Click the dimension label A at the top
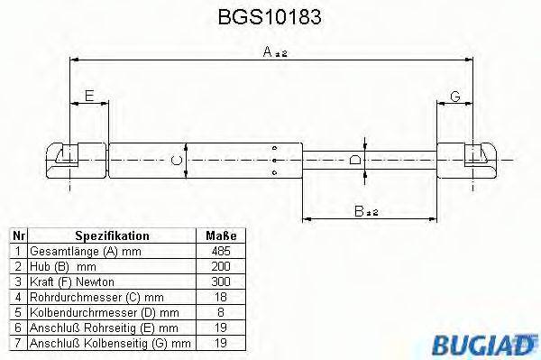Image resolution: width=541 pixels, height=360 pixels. coord(269,53)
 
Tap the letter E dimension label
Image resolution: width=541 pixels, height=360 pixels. coord(88,96)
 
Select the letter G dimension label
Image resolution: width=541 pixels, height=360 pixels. coord(454,96)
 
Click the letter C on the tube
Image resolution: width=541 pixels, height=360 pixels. coord(179,161)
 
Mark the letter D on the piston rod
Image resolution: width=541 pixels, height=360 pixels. coord(355,161)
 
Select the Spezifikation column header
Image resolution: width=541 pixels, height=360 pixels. coord(112,235)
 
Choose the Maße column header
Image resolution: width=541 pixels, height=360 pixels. coord(220,235)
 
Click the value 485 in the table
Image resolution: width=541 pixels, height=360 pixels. coord(220,252)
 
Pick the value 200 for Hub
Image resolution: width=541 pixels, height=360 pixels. coord(220,267)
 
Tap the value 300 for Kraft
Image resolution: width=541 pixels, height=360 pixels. coord(220,282)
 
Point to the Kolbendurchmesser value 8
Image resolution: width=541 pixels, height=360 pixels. coord(220,313)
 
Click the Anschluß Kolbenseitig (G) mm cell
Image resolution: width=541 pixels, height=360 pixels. coord(110,344)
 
